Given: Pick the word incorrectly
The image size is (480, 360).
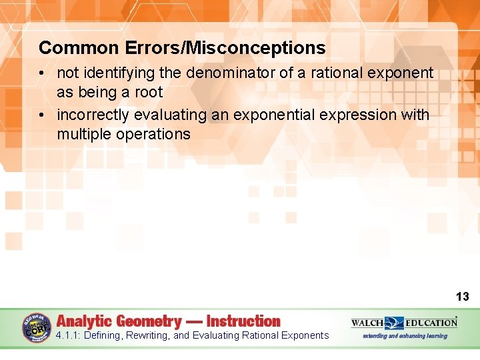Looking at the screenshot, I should pyautogui.click(x=93, y=115).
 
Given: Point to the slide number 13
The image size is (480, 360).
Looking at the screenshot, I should pyautogui.click(x=462, y=297).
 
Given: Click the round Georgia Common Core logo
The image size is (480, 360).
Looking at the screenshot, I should pyautogui.click(x=37, y=327).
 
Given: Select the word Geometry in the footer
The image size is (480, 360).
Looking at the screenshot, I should pyautogui.click(x=150, y=321).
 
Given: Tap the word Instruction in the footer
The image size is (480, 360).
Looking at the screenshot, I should pyautogui.click(x=243, y=321).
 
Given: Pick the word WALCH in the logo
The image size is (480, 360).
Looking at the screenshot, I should pyautogui.click(x=367, y=323).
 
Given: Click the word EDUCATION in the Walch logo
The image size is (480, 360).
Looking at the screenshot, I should pyautogui.click(x=431, y=323).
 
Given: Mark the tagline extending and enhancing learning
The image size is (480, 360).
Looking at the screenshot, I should pyautogui.click(x=405, y=336).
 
